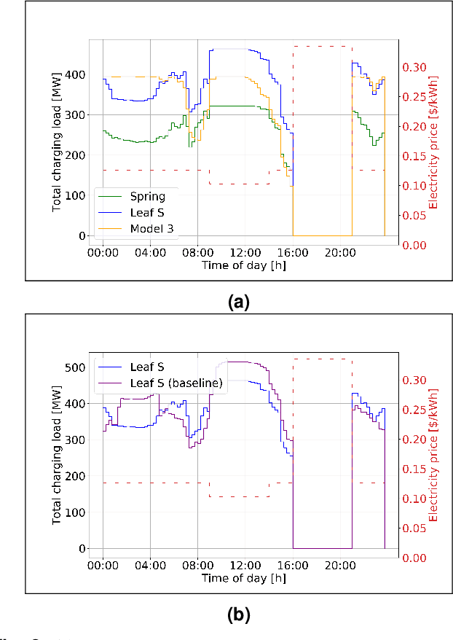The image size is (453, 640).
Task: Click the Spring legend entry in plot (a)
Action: click(147, 197)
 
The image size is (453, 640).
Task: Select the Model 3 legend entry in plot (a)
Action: click(151, 229)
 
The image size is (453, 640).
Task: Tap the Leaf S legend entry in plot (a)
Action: click(148, 213)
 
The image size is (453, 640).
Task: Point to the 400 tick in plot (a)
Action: click(76, 75)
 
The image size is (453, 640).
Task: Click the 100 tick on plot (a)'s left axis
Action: click(76, 196)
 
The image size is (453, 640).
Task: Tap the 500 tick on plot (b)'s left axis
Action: click(76, 367)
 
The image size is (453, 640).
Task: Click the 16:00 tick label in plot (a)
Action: click(292, 252)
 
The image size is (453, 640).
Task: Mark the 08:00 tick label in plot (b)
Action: click(197, 565)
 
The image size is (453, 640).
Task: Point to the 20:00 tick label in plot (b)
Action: click(339, 565)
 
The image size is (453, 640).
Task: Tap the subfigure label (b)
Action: click(238, 615)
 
